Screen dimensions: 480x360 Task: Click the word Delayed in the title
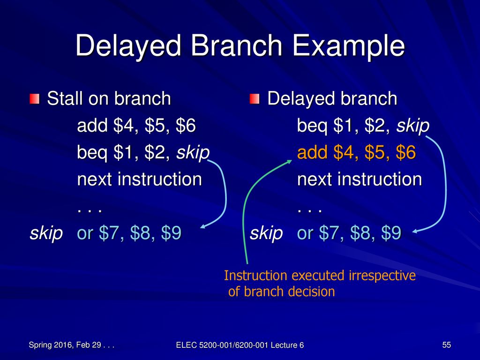pyautogui.click(x=128, y=46)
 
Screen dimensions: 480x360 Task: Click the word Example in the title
pyautogui.click(x=349, y=46)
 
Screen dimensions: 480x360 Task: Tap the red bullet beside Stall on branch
pyautogui.click(x=35, y=99)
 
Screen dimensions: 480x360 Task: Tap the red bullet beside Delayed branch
pyautogui.click(x=255, y=99)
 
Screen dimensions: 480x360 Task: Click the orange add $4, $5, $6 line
pyautogui.click(x=356, y=152)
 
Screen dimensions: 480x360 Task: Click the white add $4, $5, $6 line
pyautogui.click(x=136, y=126)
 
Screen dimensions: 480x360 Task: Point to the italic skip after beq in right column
pyautogui.click(x=413, y=126)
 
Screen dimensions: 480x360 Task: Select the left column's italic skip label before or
pyautogui.click(x=46, y=233)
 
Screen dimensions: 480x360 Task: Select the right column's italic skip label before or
pyautogui.click(x=266, y=233)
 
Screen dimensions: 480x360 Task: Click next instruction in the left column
pyautogui.click(x=140, y=180)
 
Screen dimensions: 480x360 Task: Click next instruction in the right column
pyautogui.click(x=360, y=180)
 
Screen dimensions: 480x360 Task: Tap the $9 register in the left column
pyautogui.click(x=172, y=233)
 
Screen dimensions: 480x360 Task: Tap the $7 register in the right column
pyautogui.click(x=329, y=233)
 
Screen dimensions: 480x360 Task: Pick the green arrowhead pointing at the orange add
pyautogui.click(x=289, y=162)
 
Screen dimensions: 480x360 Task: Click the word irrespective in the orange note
pyautogui.click(x=382, y=276)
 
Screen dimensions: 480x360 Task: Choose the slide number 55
pyautogui.click(x=447, y=345)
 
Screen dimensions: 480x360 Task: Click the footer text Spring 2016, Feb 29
pyautogui.click(x=65, y=345)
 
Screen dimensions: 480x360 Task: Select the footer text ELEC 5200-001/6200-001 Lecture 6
pyautogui.click(x=240, y=345)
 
